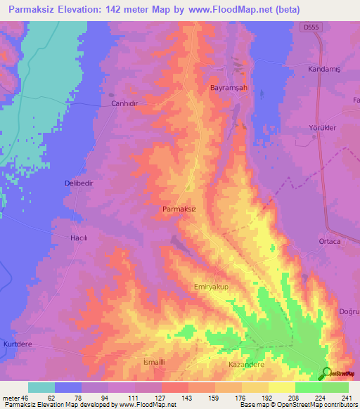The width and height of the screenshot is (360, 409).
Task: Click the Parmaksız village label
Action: click(x=179, y=209)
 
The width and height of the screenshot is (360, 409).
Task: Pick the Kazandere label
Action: click(x=246, y=365)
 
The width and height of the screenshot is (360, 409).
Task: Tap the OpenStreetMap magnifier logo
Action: click(x=326, y=374)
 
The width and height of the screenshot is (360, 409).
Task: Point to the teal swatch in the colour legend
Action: click(x=41, y=387)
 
